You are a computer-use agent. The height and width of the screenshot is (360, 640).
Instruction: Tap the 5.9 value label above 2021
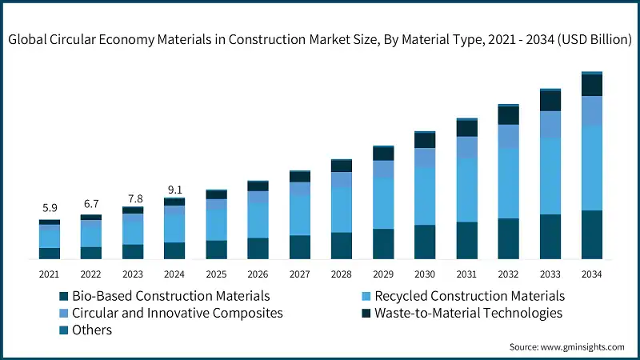point(50,209)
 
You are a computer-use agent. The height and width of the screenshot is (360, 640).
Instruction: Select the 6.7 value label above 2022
point(91,203)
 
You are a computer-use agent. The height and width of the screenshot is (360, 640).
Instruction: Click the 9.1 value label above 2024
point(174,190)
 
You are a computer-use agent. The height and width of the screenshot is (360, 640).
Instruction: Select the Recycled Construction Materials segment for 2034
point(592,168)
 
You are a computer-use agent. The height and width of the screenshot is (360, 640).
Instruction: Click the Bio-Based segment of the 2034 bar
point(592,235)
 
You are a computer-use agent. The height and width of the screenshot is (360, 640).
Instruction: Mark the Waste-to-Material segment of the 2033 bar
point(550,101)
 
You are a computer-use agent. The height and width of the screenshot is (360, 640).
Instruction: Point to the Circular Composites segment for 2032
point(509,136)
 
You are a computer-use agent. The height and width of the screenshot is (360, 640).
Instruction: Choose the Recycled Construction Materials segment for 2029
point(383,203)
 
